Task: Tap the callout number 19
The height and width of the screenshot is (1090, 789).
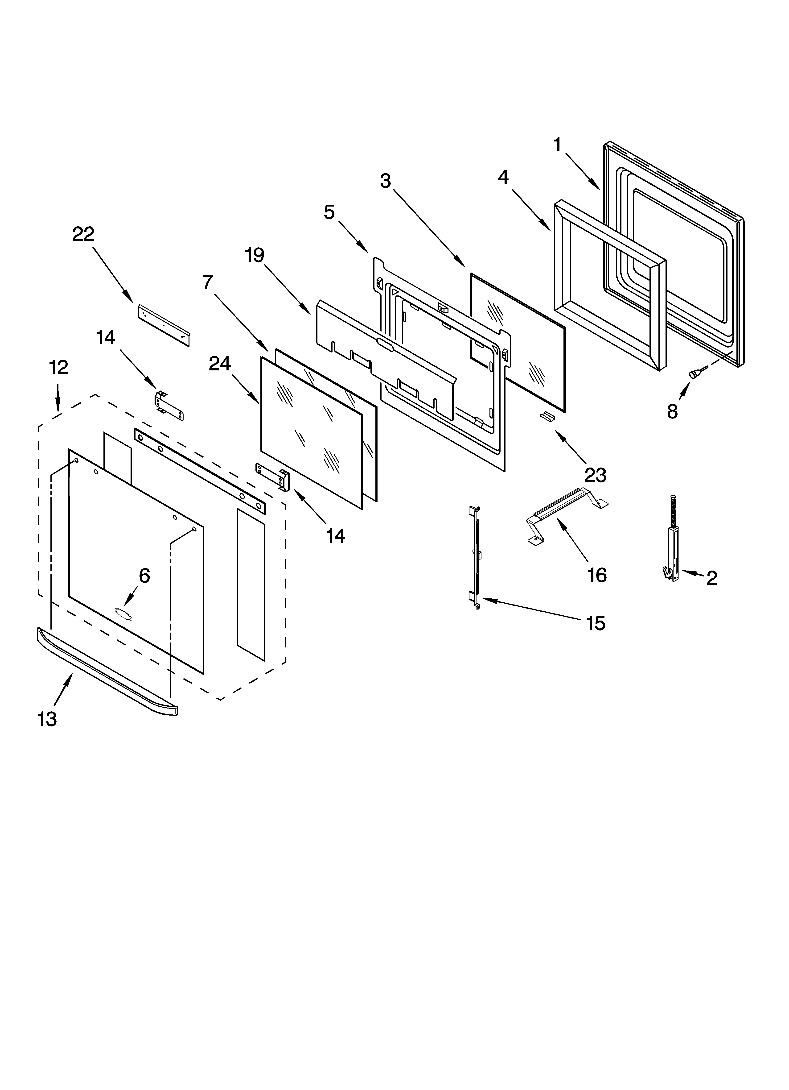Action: point(255,255)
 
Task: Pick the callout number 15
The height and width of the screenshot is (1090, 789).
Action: point(596,623)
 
